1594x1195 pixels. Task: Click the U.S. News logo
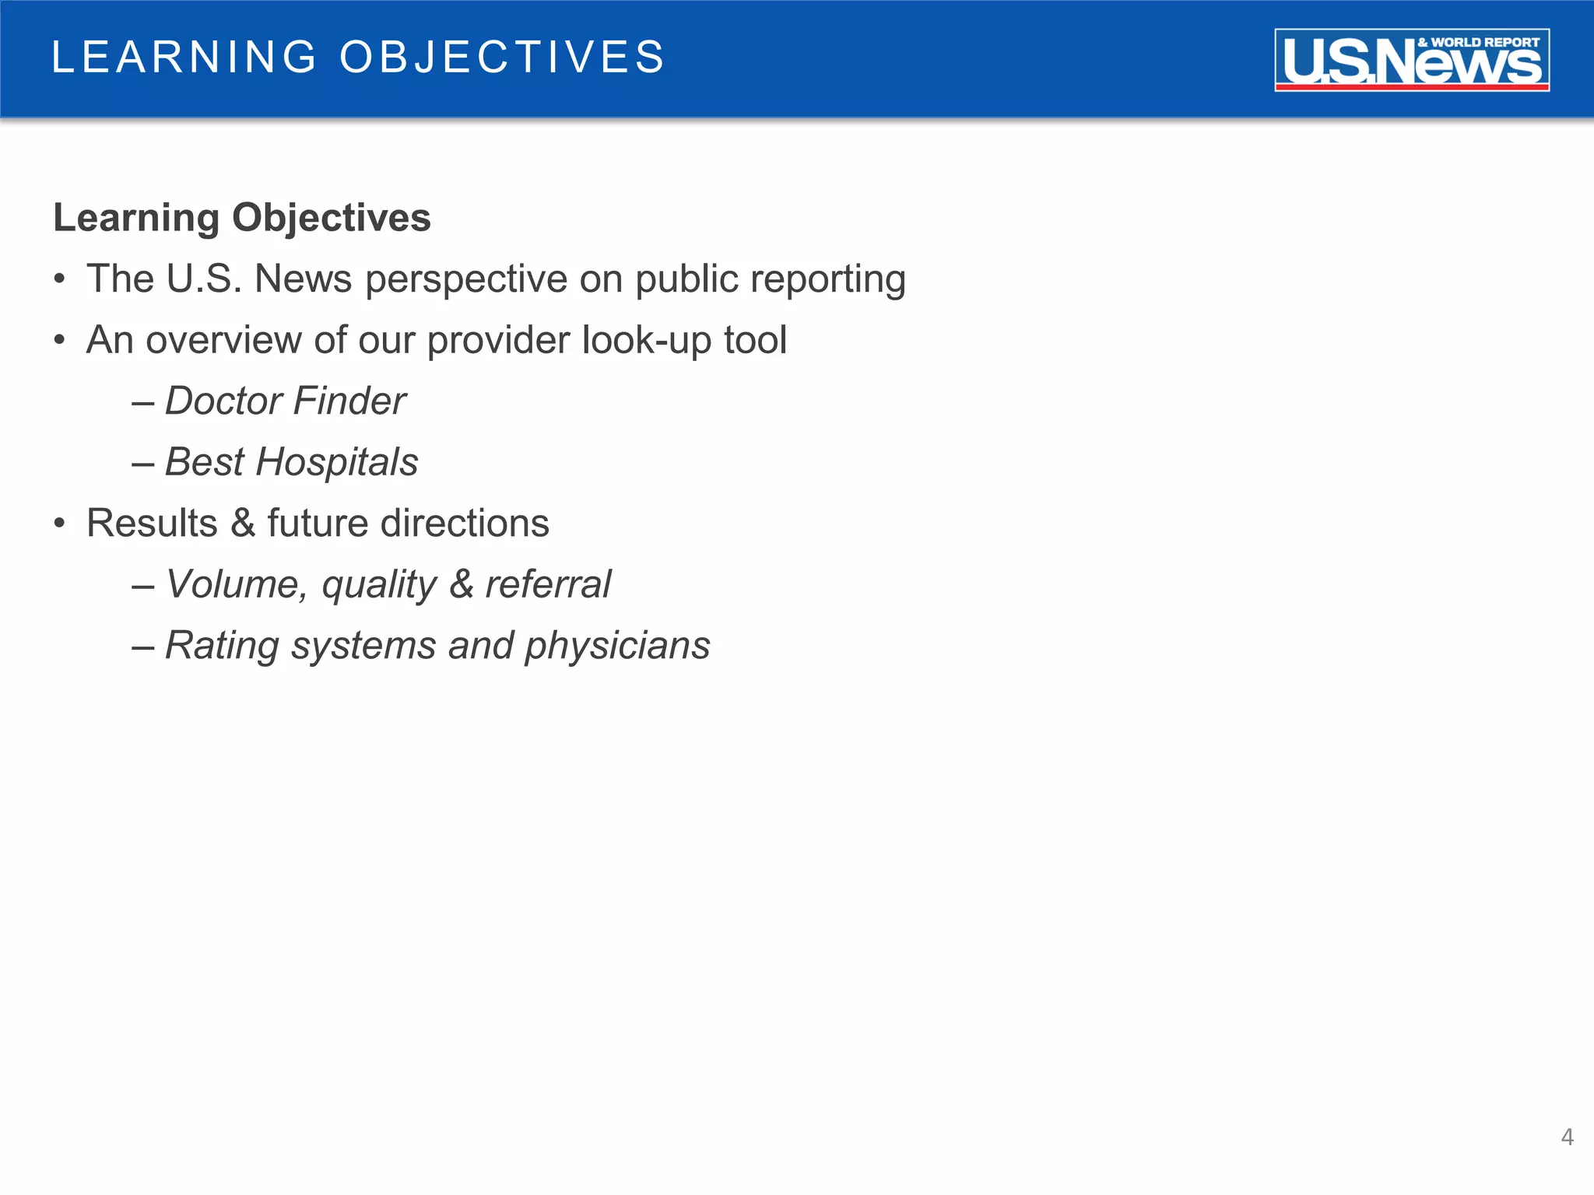1411,60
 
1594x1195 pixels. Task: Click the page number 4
1567,1137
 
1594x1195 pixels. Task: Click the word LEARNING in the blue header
184,58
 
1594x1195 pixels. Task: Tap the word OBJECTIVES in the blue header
502,58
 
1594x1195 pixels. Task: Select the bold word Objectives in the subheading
332,217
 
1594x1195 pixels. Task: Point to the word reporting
827,279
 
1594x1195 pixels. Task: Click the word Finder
349,401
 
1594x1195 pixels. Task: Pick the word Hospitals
337,462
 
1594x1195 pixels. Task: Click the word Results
152,523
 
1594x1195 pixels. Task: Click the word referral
548,584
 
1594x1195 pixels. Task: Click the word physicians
617,646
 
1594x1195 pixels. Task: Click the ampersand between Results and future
243,523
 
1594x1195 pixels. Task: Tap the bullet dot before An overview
60,340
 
